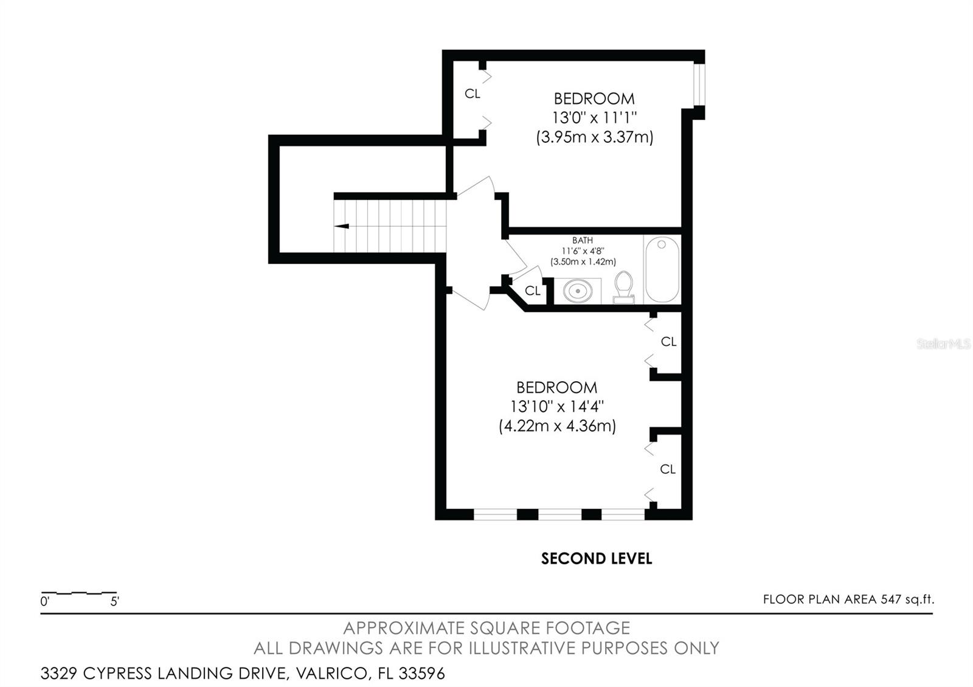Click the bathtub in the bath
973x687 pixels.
(x=662, y=269)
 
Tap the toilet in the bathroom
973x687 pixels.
(x=623, y=287)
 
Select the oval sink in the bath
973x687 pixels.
(x=577, y=291)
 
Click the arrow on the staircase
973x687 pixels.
(x=342, y=226)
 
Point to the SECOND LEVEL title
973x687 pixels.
(x=596, y=559)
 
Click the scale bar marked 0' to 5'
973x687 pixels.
(x=79, y=593)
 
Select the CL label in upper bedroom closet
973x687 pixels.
(x=473, y=94)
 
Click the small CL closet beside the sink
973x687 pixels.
(x=533, y=291)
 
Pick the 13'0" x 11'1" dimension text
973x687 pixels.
(x=594, y=117)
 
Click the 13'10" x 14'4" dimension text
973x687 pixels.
(x=556, y=406)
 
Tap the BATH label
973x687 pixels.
(x=582, y=241)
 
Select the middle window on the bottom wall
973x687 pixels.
(x=559, y=514)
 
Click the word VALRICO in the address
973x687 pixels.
(x=330, y=674)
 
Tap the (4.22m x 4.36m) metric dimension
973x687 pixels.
(x=557, y=426)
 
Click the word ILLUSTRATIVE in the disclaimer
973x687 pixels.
(x=522, y=648)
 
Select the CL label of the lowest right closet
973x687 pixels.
(x=668, y=469)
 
